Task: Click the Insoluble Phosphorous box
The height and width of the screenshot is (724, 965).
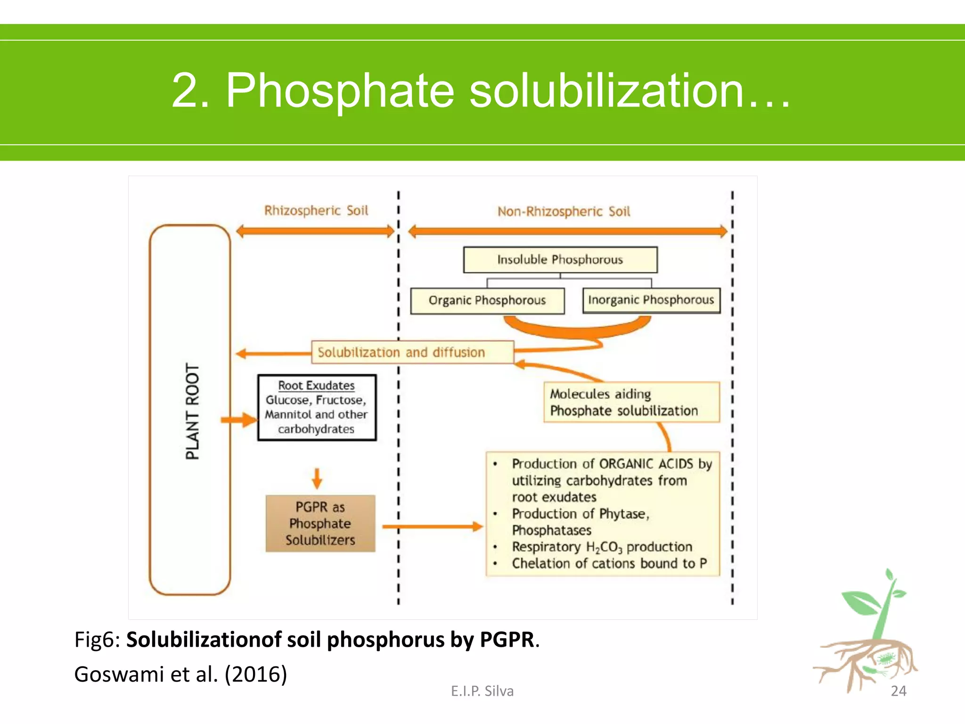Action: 560,260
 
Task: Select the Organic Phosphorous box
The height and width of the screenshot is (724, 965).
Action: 487,301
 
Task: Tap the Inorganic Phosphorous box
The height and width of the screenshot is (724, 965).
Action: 651,300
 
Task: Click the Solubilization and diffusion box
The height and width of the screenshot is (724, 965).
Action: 412,352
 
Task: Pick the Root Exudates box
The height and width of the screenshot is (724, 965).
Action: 317,407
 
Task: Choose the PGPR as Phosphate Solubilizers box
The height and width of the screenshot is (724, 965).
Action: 320,523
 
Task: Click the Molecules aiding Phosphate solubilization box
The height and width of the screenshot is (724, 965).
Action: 631,402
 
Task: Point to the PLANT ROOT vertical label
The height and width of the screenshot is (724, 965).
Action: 192,411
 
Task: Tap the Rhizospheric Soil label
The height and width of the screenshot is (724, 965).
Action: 316,211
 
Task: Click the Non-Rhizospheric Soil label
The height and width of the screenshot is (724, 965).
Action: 564,212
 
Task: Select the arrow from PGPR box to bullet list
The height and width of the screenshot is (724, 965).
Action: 432,527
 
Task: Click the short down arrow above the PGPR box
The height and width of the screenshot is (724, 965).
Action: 317,478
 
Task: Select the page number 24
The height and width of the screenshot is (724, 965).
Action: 898,691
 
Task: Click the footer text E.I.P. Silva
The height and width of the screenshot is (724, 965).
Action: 482,691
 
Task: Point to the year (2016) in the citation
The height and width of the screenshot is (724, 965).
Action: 256,674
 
